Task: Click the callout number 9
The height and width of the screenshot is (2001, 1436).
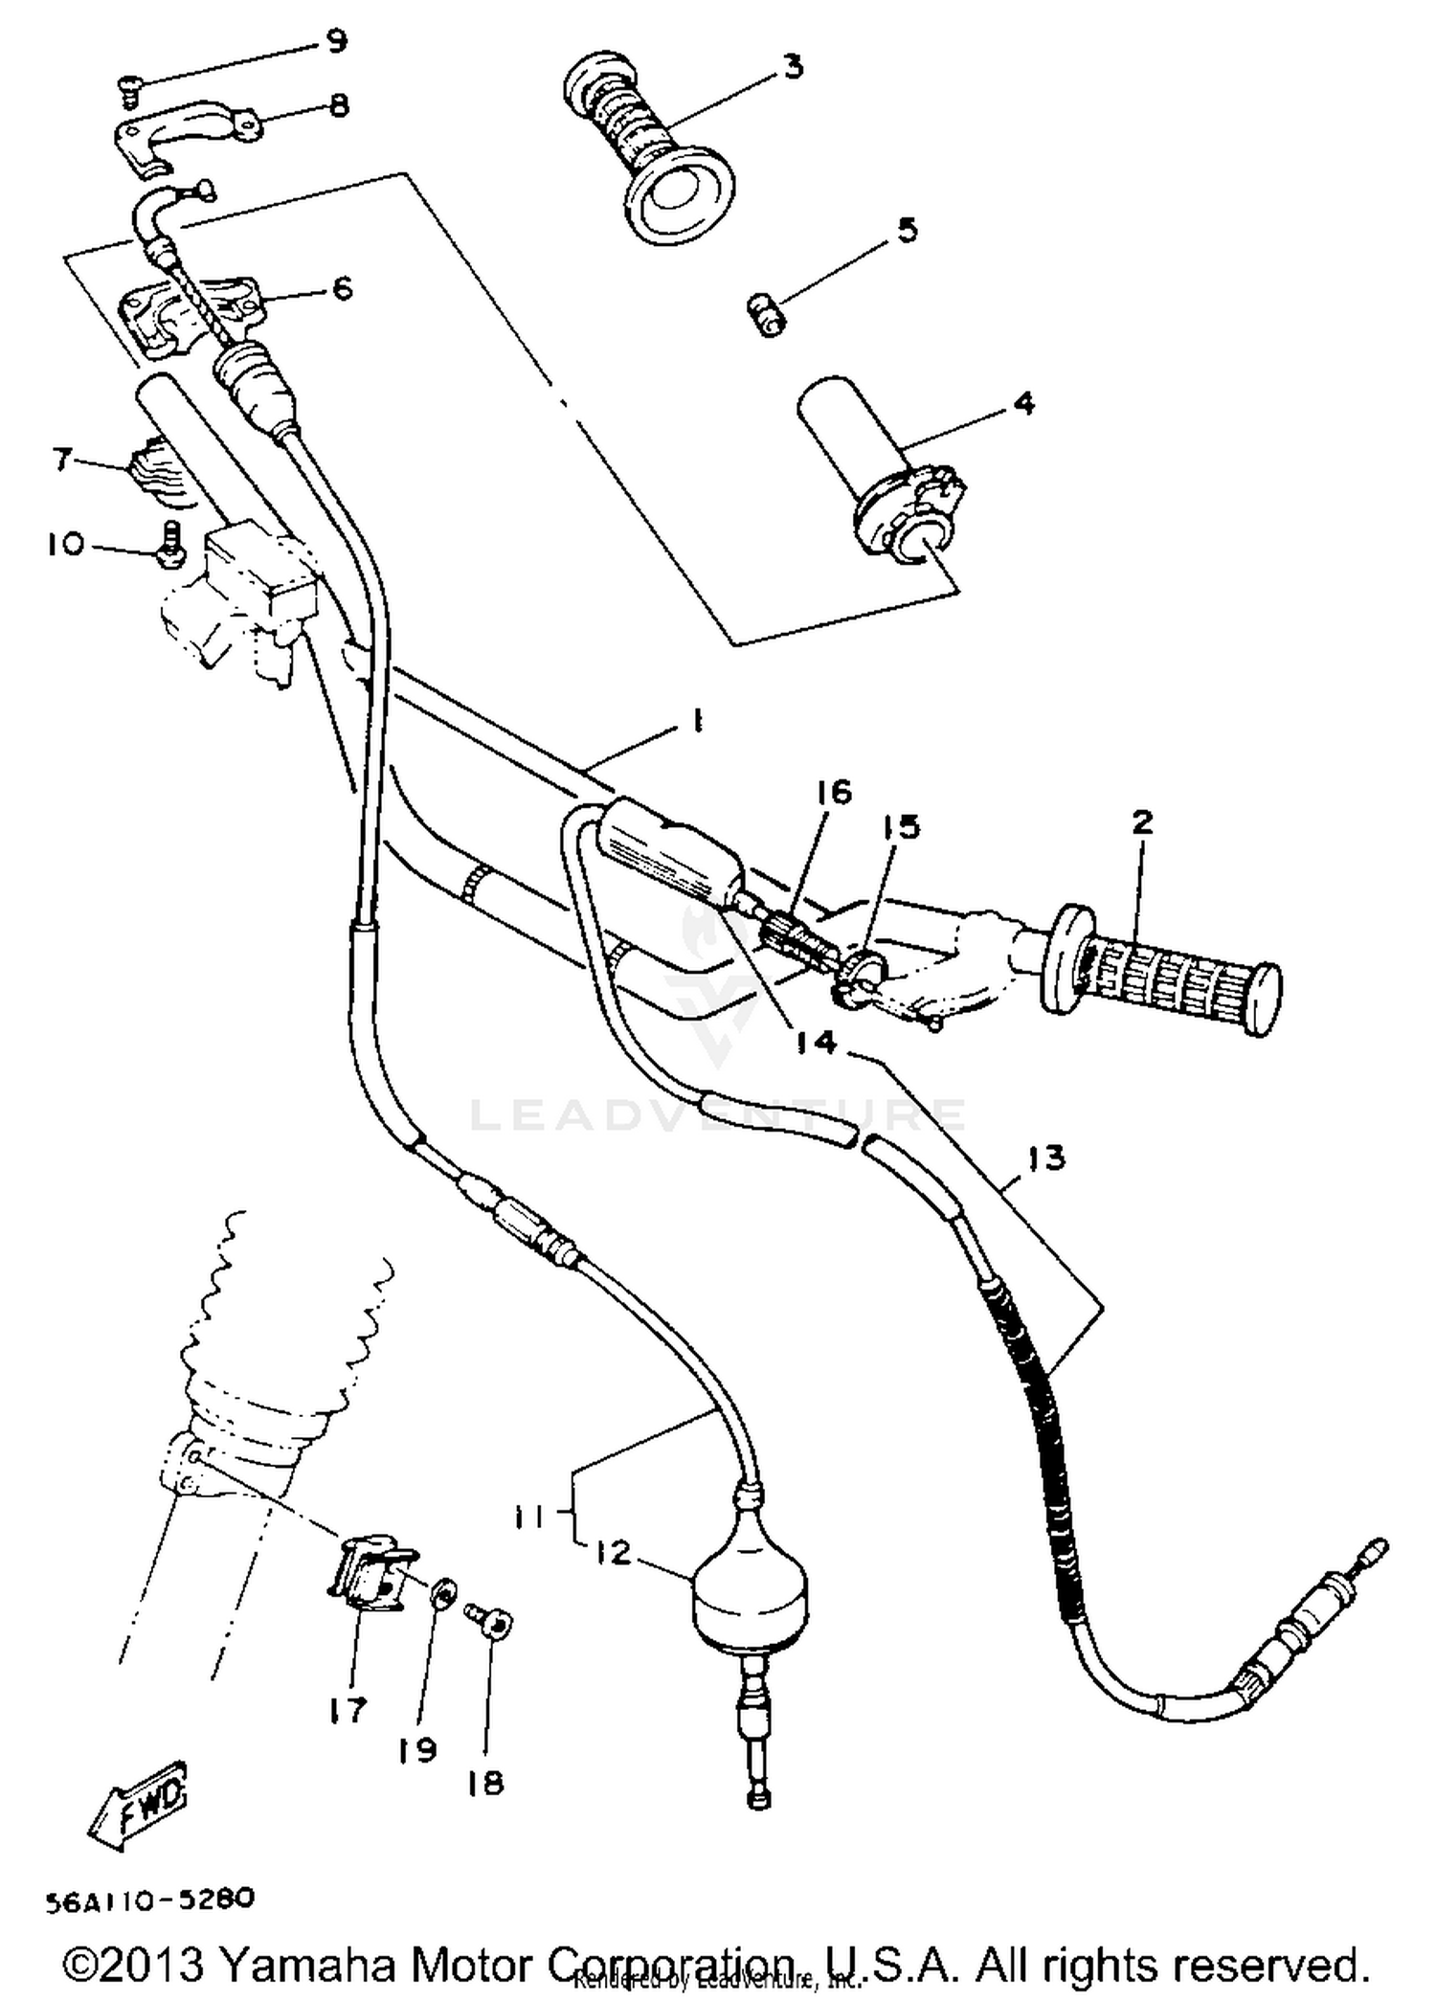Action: point(336,42)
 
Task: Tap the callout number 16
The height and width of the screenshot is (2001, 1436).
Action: point(833,793)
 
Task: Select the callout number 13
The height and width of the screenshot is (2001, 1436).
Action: point(1045,1158)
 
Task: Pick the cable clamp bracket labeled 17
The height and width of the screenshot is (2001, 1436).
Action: point(368,1577)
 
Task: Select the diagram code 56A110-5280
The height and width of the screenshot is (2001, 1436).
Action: point(148,1900)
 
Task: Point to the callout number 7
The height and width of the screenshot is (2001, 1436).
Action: point(63,460)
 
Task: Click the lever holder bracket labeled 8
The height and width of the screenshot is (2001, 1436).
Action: point(182,132)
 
